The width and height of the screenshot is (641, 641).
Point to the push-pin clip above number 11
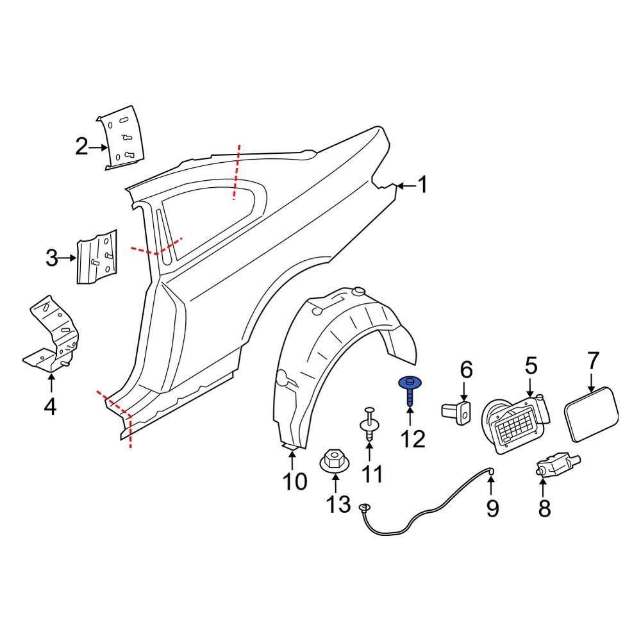click(370, 424)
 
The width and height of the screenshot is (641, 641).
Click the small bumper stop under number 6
click(457, 410)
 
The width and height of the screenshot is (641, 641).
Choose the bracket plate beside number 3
click(97, 256)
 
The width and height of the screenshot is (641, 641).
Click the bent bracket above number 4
click(53, 334)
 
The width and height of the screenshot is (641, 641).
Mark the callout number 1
click(422, 185)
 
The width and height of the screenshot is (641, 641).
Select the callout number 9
click(492, 508)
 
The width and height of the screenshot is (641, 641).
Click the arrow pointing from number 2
click(99, 148)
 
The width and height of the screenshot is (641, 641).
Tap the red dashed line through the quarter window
click(237, 172)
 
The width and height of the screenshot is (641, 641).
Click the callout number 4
click(50, 406)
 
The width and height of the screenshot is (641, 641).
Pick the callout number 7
click(593, 362)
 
